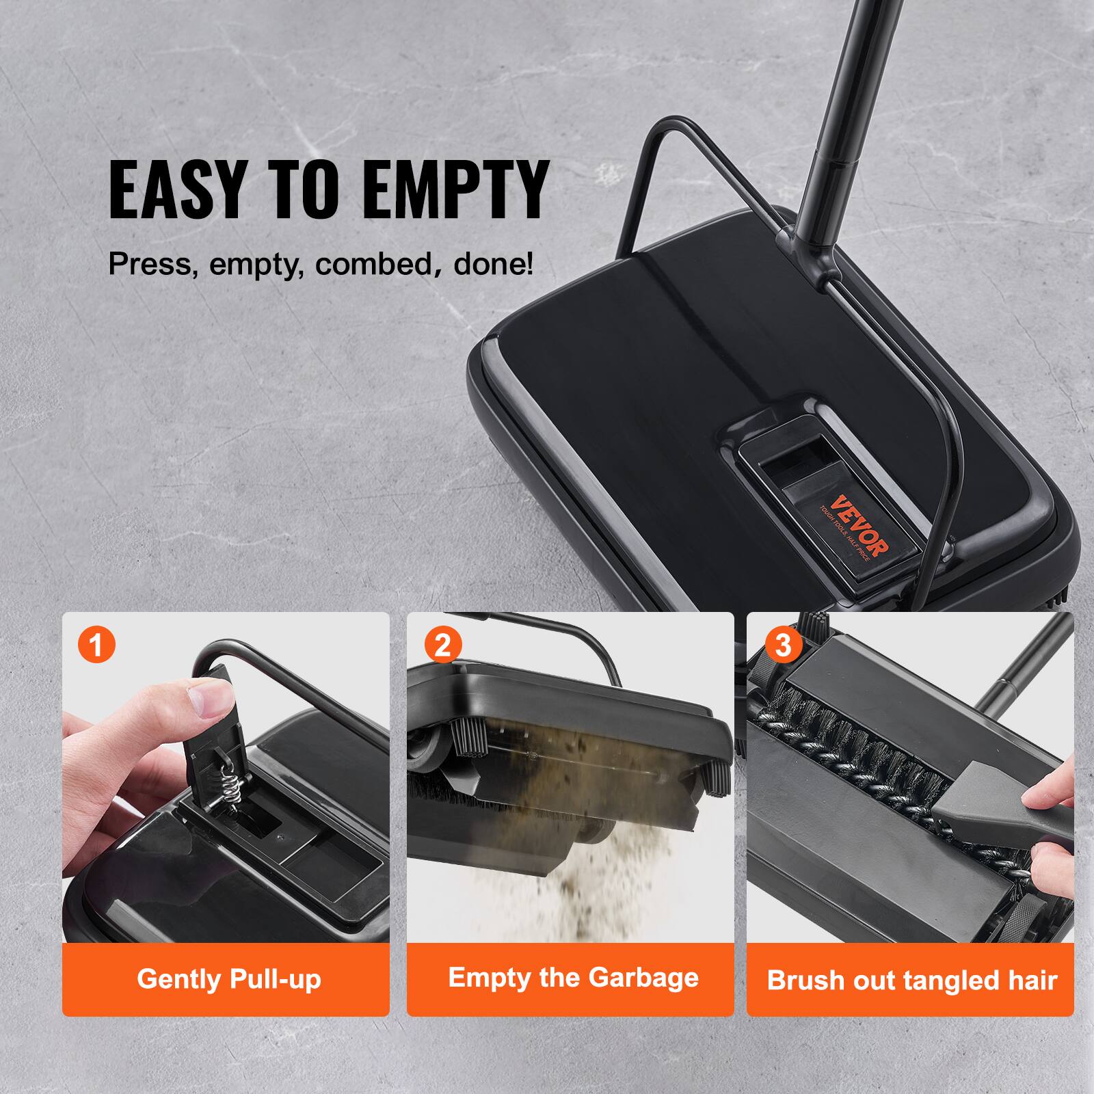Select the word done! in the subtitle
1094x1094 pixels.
click(x=493, y=263)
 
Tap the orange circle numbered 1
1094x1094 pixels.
click(x=97, y=645)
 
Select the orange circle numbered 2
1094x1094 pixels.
click(x=442, y=645)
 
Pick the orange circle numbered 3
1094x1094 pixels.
click(x=783, y=645)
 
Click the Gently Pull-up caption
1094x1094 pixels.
click(x=228, y=979)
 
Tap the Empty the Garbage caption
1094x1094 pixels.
click(x=573, y=978)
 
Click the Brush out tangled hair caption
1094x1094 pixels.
click(x=911, y=980)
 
